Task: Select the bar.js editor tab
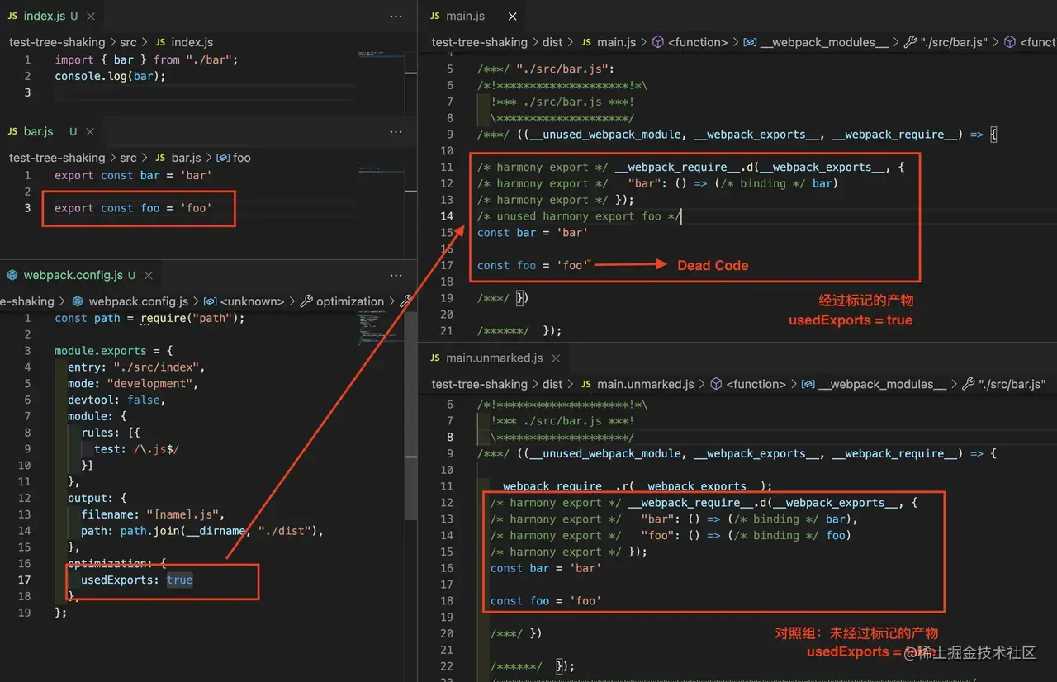pos(38,131)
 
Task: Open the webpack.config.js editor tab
pos(73,275)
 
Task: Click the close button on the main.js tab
pos(513,16)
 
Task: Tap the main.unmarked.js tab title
pos(494,358)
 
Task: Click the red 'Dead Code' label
pos(713,265)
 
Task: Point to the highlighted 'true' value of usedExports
pos(179,580)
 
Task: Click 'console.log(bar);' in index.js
pos(110,76)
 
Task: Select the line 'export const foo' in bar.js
pos(133,208)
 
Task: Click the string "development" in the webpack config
pos(152,383)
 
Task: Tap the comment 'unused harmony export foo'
pos(579,216)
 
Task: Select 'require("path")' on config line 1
pos(192,318)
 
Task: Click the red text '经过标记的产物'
pos(865,301)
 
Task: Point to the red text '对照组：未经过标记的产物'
pos(856,633)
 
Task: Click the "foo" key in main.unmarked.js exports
pos(656,535)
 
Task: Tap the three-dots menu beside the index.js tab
pos(396,16)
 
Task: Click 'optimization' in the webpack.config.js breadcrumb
pos(349,301)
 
